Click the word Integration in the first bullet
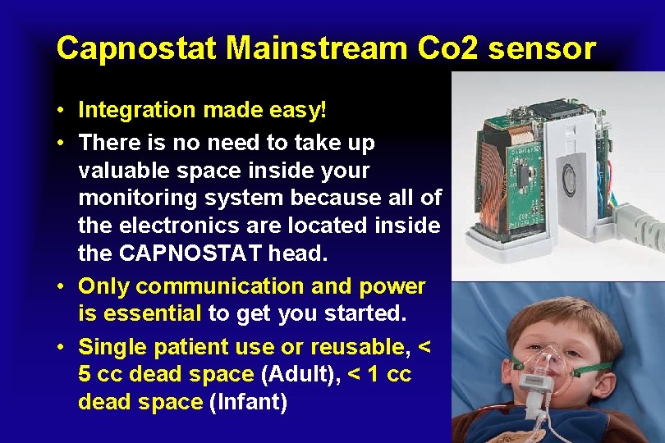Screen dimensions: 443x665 pyautogui.click(x=137, y=110)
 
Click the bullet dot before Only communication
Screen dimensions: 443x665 pyautogui.click(x=62, y=287)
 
